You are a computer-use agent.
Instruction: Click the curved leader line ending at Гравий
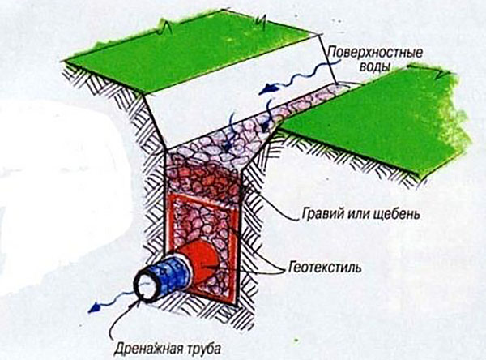267,207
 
